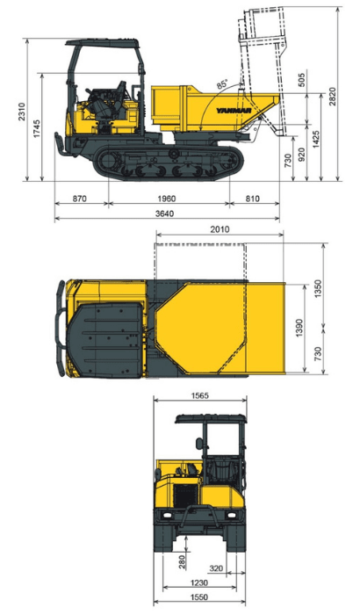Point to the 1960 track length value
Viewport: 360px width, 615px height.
168,199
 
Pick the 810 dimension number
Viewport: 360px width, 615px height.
255,199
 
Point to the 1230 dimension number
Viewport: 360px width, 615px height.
199,582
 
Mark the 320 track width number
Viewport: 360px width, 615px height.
217,568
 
